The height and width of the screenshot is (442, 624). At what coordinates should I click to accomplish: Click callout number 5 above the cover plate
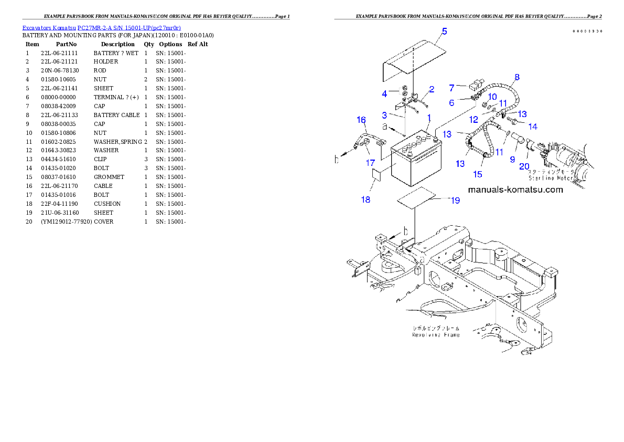pos(444,31)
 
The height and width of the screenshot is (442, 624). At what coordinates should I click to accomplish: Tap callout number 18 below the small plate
pos(366,199)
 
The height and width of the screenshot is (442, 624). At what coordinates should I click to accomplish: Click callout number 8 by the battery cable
pos(517,77)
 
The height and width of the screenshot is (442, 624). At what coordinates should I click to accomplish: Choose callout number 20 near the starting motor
pos(524,166)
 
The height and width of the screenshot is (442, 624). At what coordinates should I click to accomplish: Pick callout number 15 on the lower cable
pos(478,174)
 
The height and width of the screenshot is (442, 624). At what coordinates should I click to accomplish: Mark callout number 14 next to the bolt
pos(533,127)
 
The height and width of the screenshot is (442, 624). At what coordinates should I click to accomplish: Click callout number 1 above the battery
pos(428,117)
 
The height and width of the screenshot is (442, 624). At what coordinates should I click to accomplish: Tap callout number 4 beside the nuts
pos(384,94)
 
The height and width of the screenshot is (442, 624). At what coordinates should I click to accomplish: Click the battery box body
pos(414,168)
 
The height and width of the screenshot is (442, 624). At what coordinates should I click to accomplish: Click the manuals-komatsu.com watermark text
pos(515,190)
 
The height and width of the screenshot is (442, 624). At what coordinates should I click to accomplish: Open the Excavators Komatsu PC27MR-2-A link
pos(101,28)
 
